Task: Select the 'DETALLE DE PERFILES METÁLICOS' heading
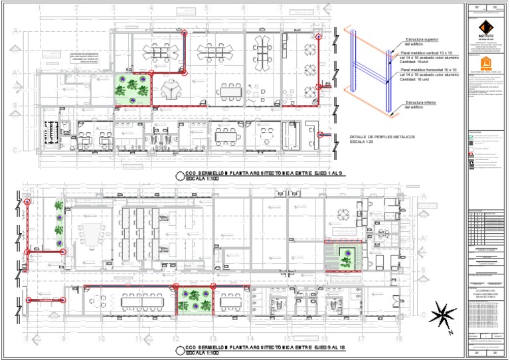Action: [x=381, y=137]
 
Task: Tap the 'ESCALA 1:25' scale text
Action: [x=362, y=142]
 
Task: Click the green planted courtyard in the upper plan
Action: [x=133, y=88]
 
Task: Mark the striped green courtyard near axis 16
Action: [x=343, y=256]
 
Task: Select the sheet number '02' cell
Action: [x=477, y=353]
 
